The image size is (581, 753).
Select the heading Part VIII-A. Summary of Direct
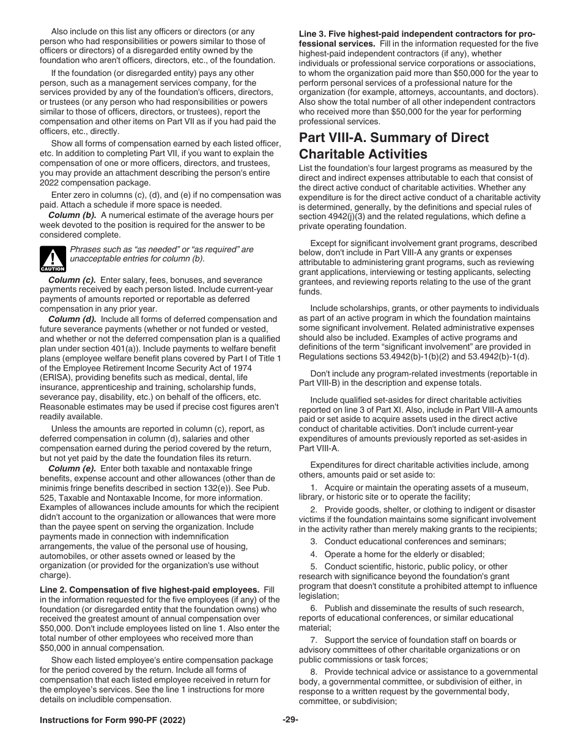click(394, 138)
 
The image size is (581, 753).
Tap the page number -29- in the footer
click(290, 720)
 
